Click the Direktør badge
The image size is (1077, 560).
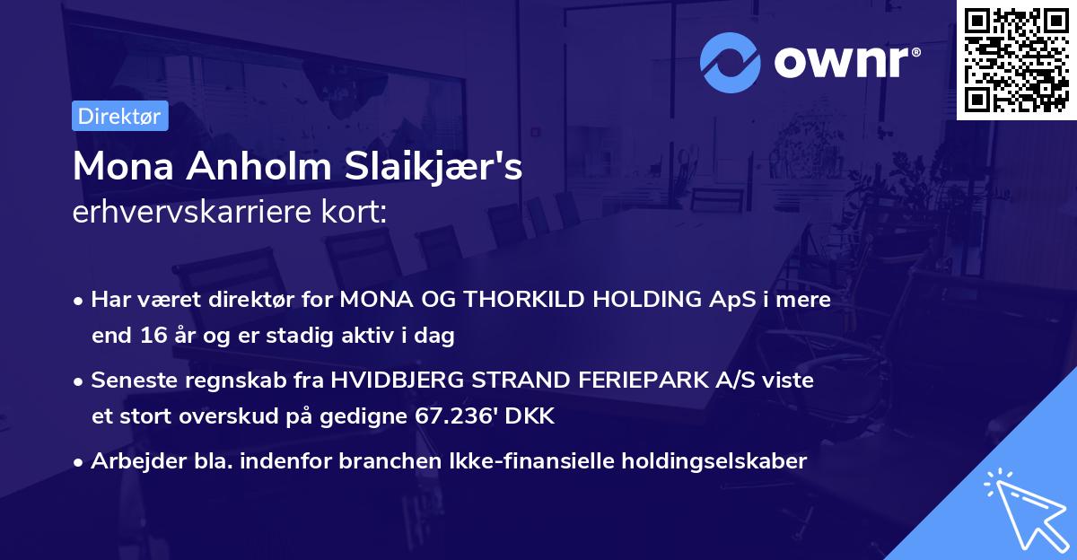tap(119, 116)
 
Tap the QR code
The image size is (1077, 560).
tap(1016, 59)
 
